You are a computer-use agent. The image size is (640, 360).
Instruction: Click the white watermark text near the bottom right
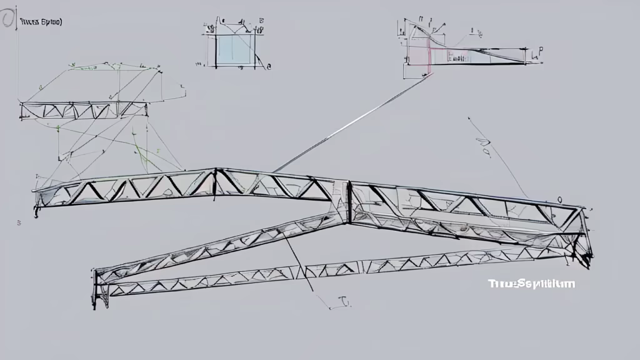click(x=531, y=284)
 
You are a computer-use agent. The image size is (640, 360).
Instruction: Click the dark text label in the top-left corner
click(x=41, y=22)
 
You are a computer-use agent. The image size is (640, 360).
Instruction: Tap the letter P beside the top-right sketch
click(x=539, y=54)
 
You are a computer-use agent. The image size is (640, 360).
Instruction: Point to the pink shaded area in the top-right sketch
click(x=417, y=54)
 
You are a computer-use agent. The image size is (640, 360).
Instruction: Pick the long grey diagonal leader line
click(x=353, y=122)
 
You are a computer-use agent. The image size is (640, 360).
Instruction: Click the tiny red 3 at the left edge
click(x=19, y=222)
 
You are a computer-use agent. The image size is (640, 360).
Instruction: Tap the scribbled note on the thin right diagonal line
click(x=484, y=147)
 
